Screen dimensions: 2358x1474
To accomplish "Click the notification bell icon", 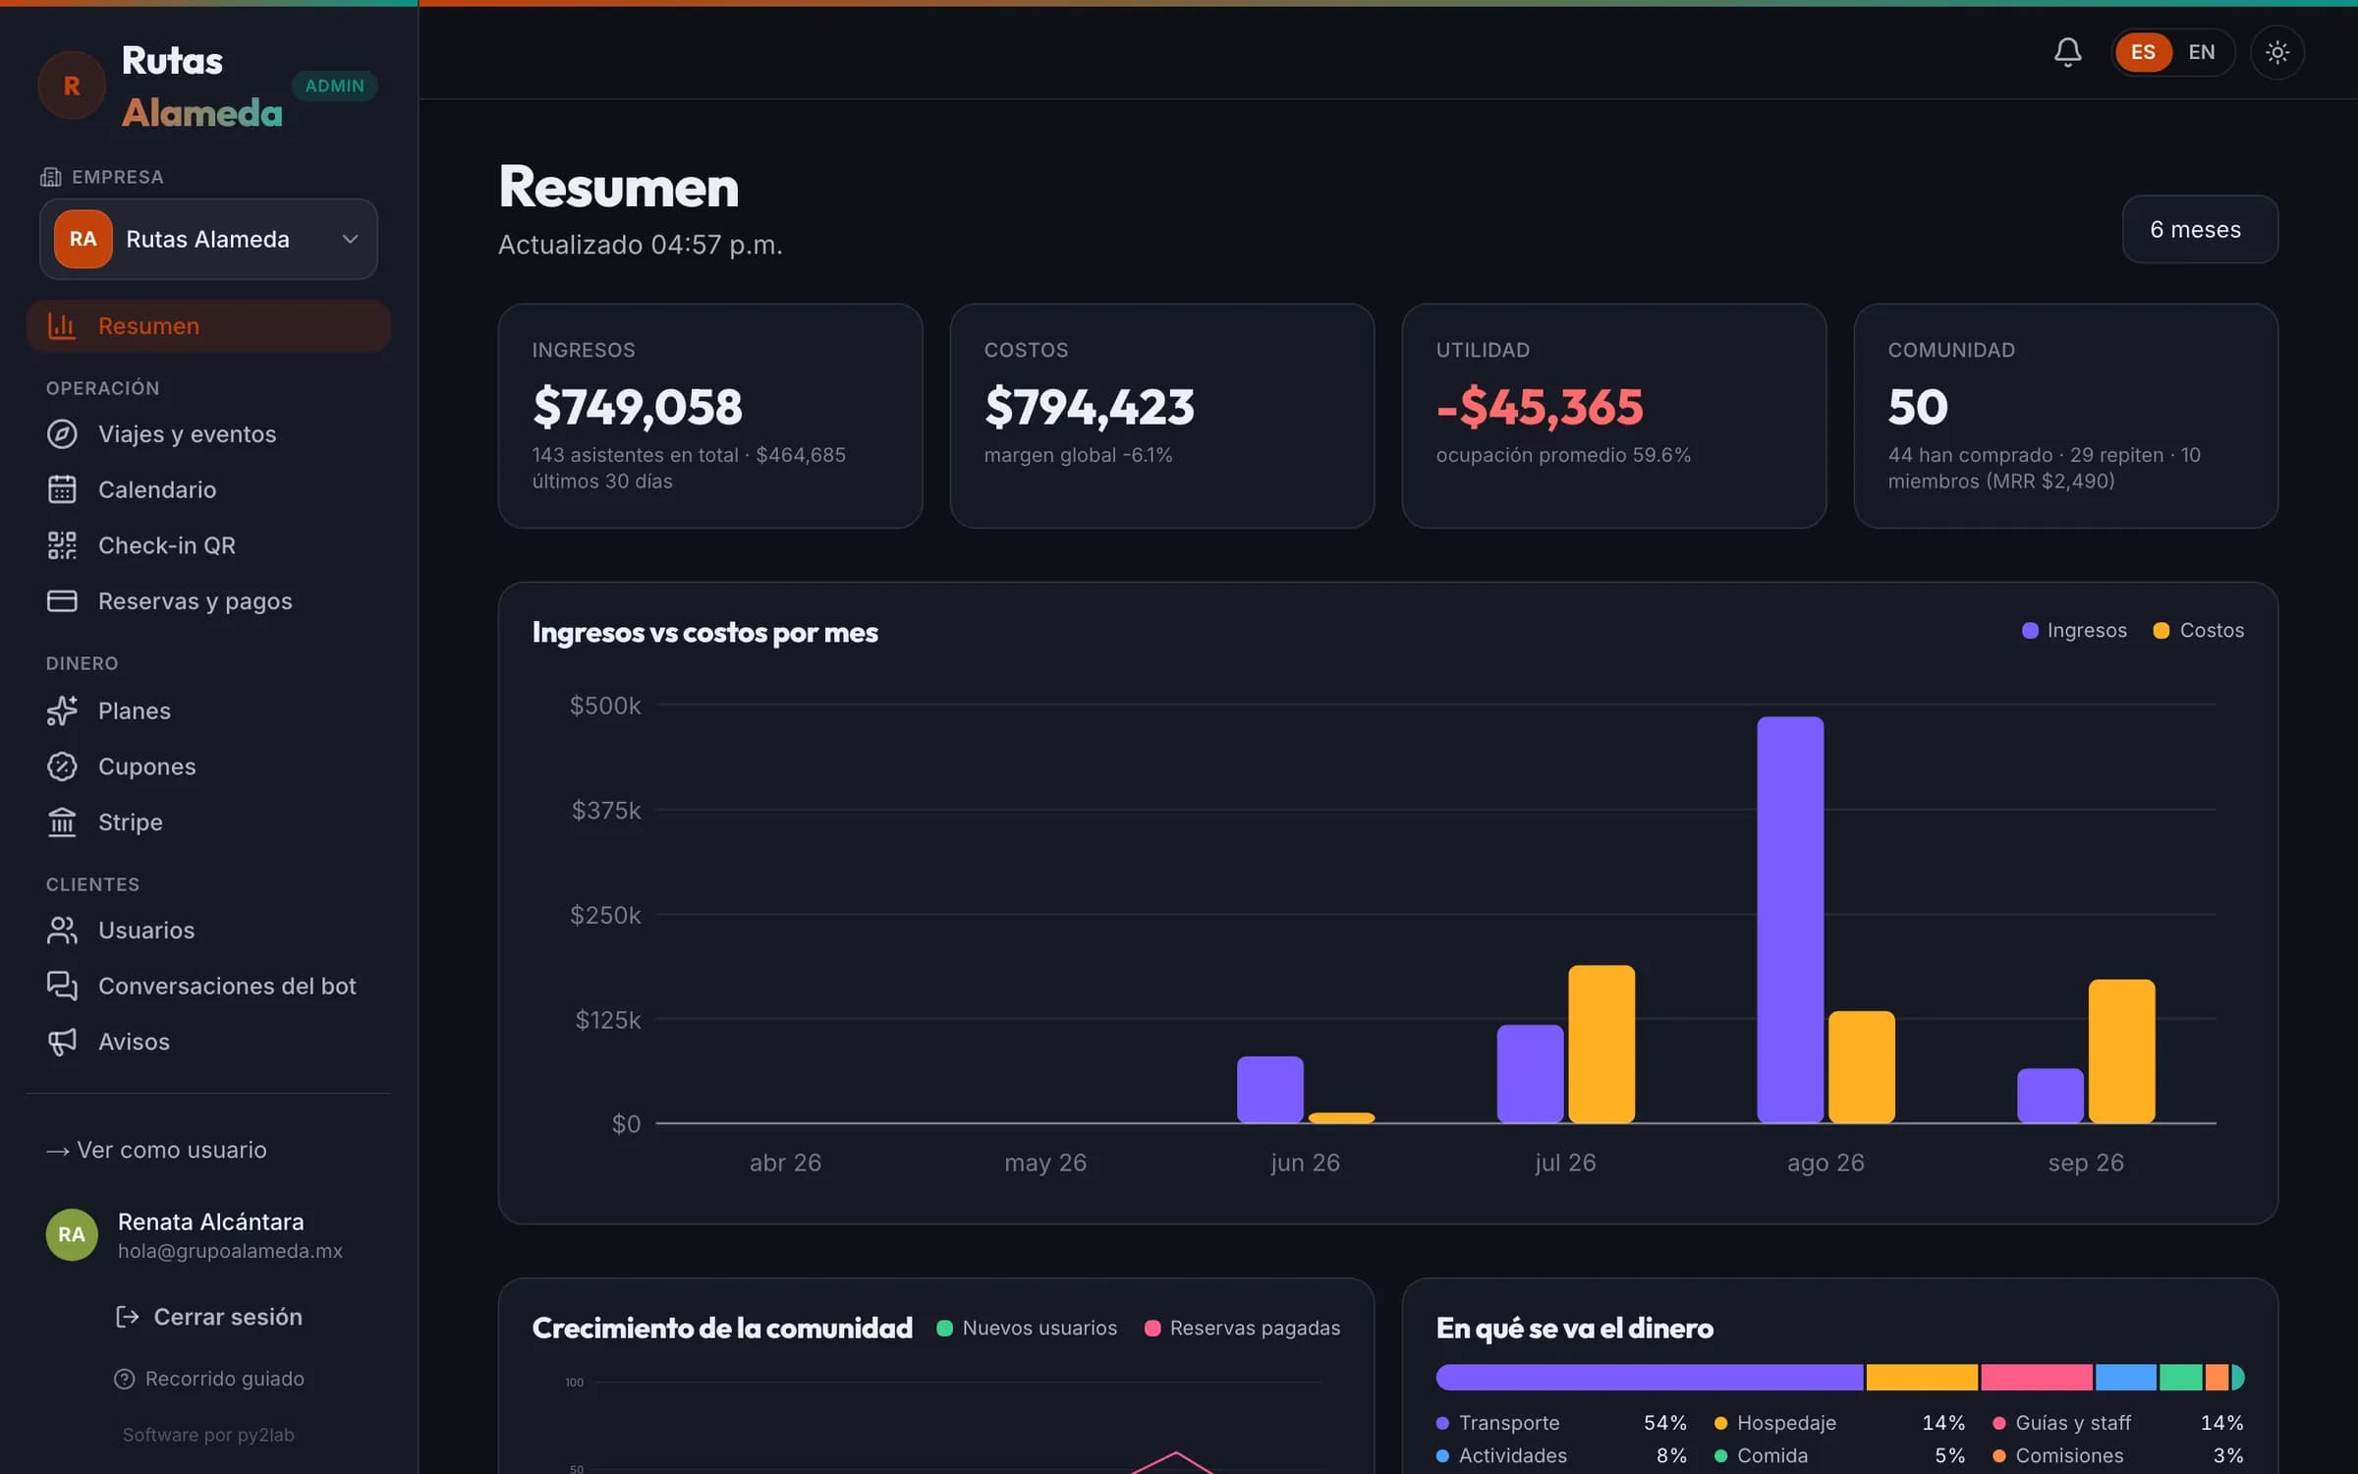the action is tap(2067, 52).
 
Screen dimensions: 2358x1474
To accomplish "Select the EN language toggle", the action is tap(2202, 52).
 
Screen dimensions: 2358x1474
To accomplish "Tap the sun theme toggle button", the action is tap(2277, 52).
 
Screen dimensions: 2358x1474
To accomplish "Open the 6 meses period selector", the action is tap(2200, 229).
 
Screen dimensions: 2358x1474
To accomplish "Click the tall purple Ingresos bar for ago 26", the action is tap(1790, 919).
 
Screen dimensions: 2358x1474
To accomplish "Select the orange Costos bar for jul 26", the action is tap(1601, 1044).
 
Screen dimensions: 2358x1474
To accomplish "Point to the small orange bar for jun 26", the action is tap(1341, 1117).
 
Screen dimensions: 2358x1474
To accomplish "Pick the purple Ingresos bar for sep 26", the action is tap(2050, 1095).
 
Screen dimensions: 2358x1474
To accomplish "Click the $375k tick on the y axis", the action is tap(605, 810).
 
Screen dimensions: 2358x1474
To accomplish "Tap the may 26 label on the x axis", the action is tap(1045, 1162).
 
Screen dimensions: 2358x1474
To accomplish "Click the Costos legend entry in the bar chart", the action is tap(2198, 630).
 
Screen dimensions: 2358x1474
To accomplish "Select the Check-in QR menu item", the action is tap(166, 545).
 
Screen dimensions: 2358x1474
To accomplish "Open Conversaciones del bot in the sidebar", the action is tap(227, 986).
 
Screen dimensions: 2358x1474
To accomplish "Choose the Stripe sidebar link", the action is tap(130, 822).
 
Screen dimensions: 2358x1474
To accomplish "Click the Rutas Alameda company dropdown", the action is tap(208, 239).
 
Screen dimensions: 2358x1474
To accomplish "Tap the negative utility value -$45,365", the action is tap(1539, 407).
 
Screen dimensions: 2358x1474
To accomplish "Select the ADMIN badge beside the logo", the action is tap(334, 85).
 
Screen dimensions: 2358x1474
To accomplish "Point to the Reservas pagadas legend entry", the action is tap(1242, 1328).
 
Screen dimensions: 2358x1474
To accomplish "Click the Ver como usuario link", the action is tap(157, 1150).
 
